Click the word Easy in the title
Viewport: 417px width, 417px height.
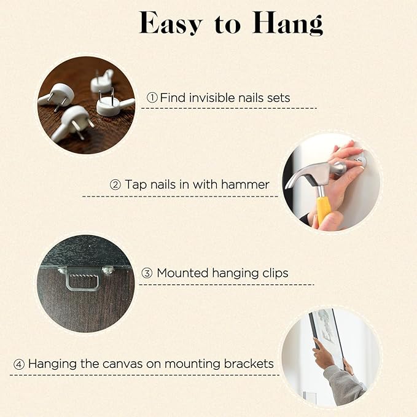[171, 23]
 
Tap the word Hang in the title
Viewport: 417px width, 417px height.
[288, 23]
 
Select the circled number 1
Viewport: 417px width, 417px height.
[152, 98]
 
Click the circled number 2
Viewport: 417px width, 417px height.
[115, 185]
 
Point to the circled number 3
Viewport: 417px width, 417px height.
[147, 273]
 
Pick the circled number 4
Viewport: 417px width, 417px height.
[19, 364]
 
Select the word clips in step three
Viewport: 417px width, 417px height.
[276, 274]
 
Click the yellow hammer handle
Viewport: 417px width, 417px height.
[323, 209]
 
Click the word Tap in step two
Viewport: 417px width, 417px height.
[136, 185]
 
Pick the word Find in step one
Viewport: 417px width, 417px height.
[173, 98]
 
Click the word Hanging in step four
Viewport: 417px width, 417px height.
[52, 364]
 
